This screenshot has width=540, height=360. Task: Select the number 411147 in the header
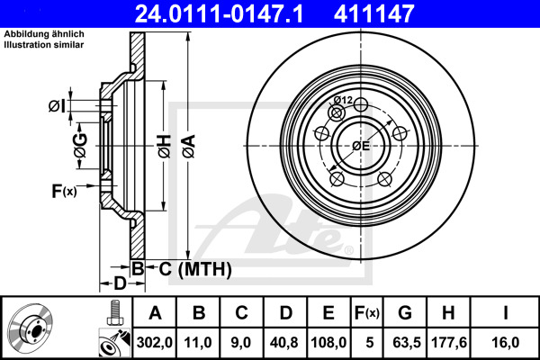400,13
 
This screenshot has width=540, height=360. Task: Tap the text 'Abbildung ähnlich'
42,34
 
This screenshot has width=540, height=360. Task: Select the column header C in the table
241,313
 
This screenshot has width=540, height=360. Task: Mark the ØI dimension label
57,107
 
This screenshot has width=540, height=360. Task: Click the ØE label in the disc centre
362,146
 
